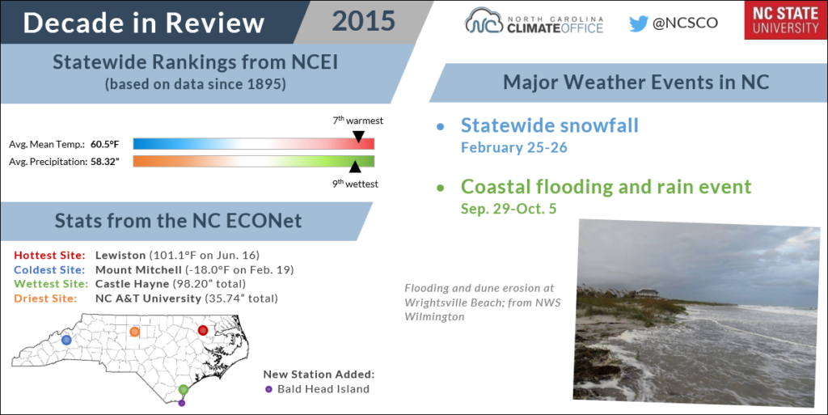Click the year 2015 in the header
click(x=363, y=21)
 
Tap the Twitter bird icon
click(x=639, y=23)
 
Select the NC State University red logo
click(x=785, y=20)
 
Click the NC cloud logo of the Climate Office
click(x=484, y=21)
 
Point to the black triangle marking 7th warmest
click(x=358, y=137)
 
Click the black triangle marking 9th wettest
click(x=355, y=167)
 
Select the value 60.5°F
click(x=104, y=144)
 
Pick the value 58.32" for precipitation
click(x=104, y=162)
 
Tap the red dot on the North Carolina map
click(x=203, y=330)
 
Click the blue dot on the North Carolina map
click(x=66, y=340)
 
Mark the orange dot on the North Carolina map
click(x=135, y=332)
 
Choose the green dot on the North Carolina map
click(x=184, y=390)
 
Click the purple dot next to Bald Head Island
click(x=268, y=389)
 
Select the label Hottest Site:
click(x=49, y=255)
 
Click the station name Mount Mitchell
click(x=138, y=270)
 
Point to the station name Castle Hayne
click(x=132, y=284)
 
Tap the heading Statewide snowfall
click(x=550, y=125)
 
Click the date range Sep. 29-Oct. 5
click(x=509, y=209)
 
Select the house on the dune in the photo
click(x=648, y=293)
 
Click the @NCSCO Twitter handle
click(x=685, y=23)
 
